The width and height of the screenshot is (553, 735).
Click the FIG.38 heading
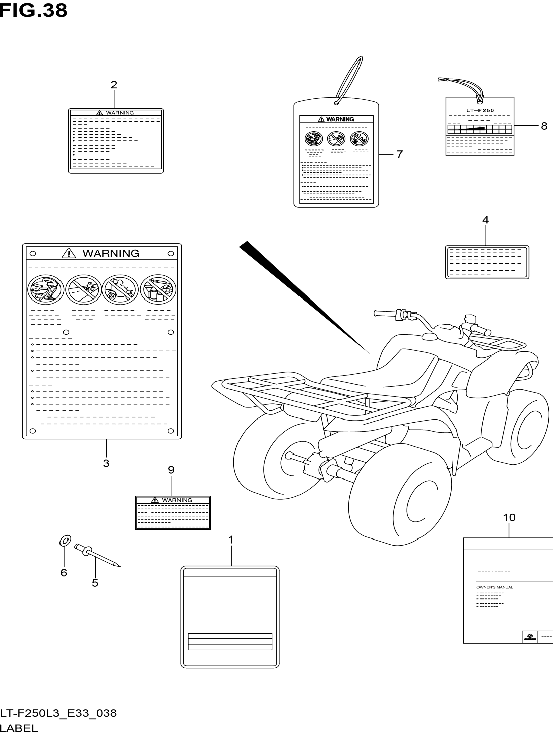click(33, 11)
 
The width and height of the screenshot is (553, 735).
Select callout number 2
click(114, 85)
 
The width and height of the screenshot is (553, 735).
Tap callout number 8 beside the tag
click(544, 126)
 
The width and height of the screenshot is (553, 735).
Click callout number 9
click(171, 470)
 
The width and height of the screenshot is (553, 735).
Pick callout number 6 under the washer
click(64, 573)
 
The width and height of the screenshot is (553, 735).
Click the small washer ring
click(65, 541)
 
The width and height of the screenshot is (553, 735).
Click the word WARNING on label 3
click(111, 253)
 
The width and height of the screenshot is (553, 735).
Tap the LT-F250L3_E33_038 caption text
click(59, 713)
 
